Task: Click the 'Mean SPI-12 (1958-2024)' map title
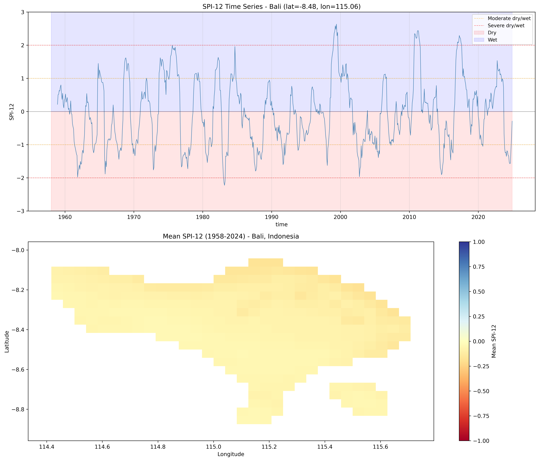[231, 236]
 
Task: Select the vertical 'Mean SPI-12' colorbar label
[494, 341]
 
